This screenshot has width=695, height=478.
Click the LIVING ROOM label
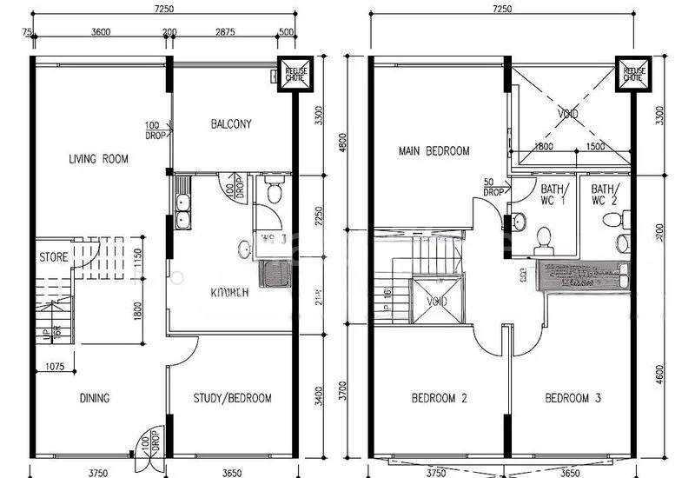tap(98, 159)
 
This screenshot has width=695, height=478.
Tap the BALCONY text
tap(231, 124)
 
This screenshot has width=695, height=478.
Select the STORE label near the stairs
tap(53, 257)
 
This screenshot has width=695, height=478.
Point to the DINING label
tap(94, 399)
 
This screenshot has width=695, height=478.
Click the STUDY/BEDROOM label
tap(233, 399)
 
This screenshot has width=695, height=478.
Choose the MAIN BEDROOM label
tap(434, 150)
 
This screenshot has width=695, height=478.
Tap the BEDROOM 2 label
tap(439, 399)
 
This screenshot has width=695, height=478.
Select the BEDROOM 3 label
tap(573, 399)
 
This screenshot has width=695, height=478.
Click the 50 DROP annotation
tap(493, 187)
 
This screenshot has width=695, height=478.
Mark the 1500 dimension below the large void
tap(595, 148)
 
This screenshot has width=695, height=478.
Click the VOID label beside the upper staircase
tap(438, 302)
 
